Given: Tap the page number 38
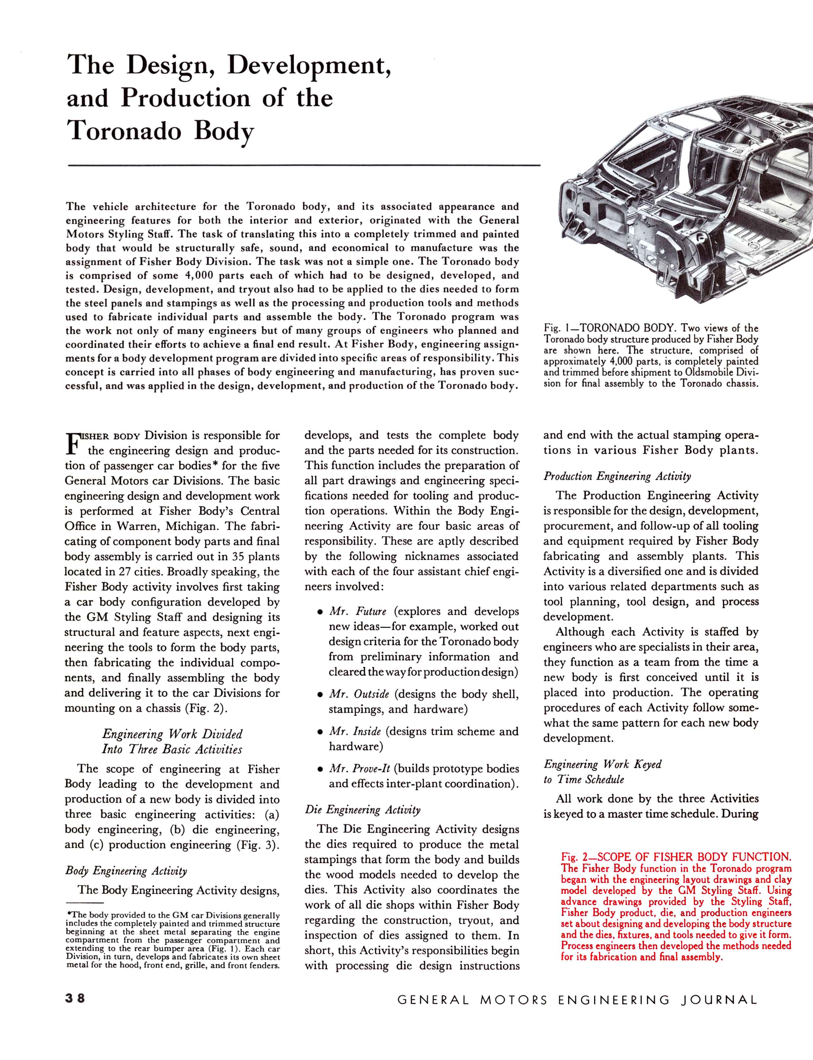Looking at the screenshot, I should pos(75,998).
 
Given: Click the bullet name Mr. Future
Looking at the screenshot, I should pos(358,611).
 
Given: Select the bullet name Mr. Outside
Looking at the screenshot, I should pos(359,694).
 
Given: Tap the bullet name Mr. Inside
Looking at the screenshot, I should pos(355,731).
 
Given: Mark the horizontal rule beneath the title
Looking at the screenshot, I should pos(304,166).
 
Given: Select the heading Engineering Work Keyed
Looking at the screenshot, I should pos(602,764).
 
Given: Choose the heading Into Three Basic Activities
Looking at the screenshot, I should pos(172,749).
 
